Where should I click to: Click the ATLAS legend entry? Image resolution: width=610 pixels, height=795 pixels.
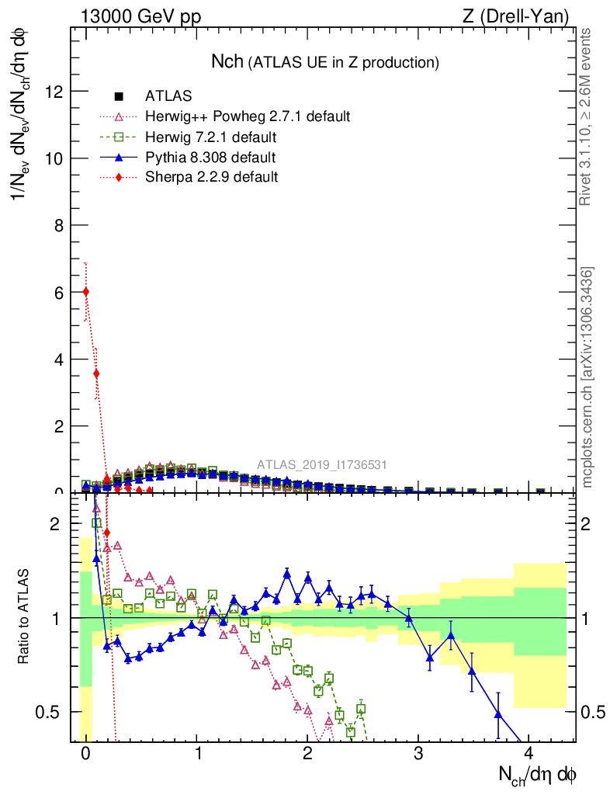pyautogui.click(x=167, y=97)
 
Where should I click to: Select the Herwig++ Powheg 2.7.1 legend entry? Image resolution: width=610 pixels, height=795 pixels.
pyautogui.click(x=248, y=117)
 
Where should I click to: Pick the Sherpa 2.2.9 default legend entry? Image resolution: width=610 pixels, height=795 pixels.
pyautogui.click(x=211, y=178)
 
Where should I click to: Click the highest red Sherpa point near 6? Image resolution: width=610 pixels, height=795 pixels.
pyautogui.click(x=86, y=292)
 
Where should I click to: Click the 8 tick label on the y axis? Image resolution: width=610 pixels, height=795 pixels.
pyautogui.click(x=57, y=225)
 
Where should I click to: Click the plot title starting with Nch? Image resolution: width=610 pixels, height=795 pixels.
pyautogui.click(x=325, y=62)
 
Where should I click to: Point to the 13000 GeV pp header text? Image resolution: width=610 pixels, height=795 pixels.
pyautogui.click(x=140, y=16)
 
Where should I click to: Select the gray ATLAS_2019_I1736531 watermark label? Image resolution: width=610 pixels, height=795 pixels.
pyautogui.click(x=322, y=465)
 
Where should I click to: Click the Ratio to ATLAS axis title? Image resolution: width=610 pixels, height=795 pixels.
pyautogui.click(x=26, y=618)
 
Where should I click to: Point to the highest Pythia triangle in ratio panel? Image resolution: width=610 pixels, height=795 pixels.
pyautogui.click(x=287, y=575)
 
